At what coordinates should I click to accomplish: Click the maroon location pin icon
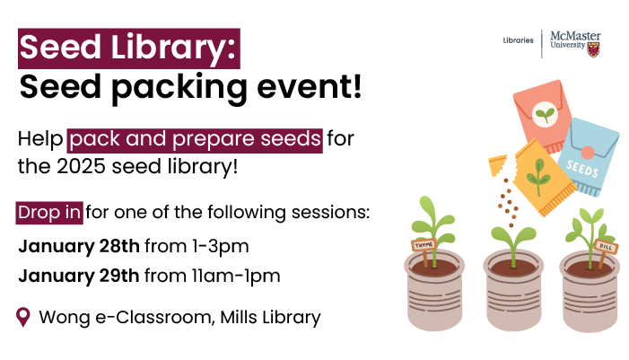23,317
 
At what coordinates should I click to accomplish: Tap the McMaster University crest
594,49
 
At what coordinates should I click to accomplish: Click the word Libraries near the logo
519,40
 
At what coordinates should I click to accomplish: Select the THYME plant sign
424,245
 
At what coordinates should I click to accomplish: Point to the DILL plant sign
606,247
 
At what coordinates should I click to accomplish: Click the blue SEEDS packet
588,156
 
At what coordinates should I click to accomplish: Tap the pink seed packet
542,116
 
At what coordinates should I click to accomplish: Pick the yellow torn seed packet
544,178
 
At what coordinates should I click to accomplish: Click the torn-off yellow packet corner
497,165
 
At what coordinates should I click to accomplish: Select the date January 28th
79,246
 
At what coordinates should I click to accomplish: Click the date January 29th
79,276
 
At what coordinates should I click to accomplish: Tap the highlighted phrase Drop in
49,213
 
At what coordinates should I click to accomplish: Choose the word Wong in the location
65,318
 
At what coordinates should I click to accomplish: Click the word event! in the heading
310,87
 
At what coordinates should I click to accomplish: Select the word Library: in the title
173,48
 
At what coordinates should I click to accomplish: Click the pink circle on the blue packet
588,153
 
